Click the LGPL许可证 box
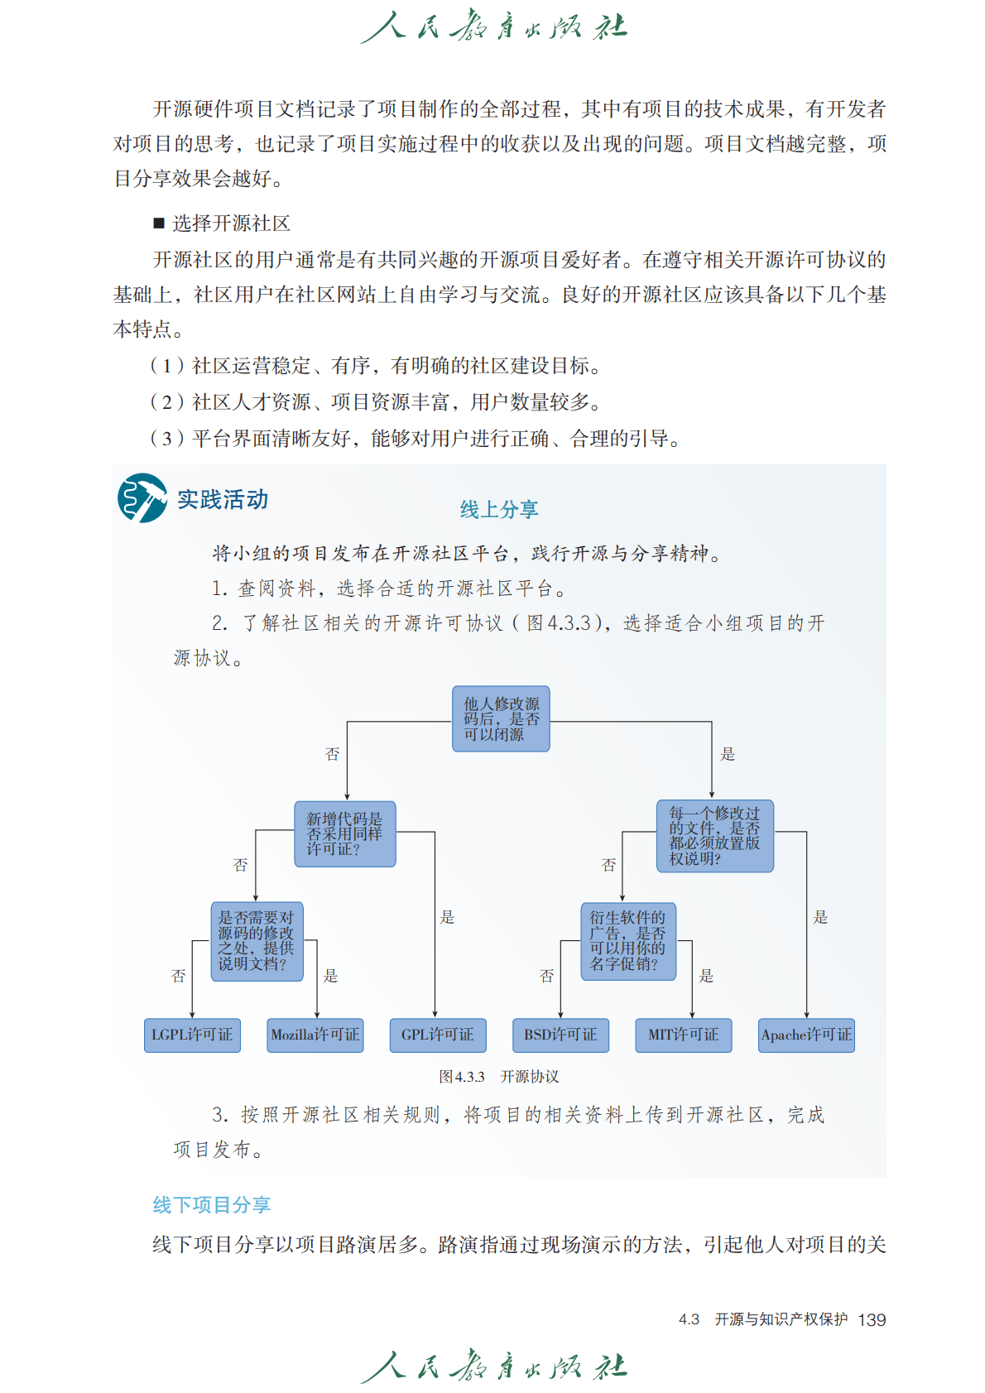(192, 1035)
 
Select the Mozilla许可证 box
(315, 1035)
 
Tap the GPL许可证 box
(437, 1035)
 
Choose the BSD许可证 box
(560, 1035)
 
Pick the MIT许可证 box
(683, 1035)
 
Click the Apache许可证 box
(806, 1035)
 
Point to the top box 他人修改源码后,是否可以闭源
(501, 718)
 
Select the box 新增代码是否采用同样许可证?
(345, 833)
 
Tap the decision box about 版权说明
(715, 835)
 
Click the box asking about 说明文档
(257, 941)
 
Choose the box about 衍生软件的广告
(627, 941)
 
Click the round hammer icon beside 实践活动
(142, 498)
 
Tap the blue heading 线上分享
(499, 510)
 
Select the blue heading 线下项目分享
(212, 1205)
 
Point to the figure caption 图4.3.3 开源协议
(498, 1076)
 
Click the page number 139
(872, 1319)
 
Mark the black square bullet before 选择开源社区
(159, 223)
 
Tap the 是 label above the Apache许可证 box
(820, 917)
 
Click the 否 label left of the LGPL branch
(178, 976)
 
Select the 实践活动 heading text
(223, 500)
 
